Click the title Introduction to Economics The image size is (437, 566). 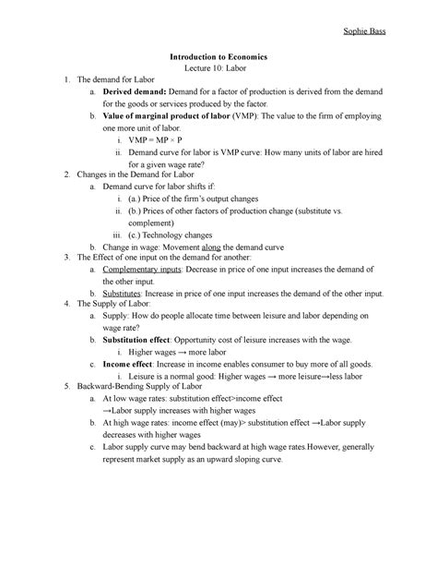pyautogui.click(x=218, y=57)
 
